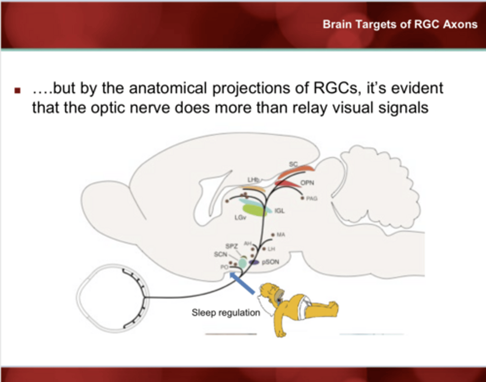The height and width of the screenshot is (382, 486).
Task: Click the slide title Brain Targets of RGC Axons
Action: click(x=400, y=24)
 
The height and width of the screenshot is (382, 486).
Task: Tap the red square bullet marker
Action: click(x=18, y=90)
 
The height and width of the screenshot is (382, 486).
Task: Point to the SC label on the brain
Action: click(x=293, y=164)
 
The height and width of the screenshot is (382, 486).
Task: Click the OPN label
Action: click(x=307, y=183)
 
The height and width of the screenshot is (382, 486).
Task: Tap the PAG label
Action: click(x=312, y=198)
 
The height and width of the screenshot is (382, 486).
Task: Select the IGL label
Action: click(x=279, y=211)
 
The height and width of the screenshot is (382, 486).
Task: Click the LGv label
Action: click(x=240, y=218)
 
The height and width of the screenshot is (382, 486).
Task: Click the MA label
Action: click(x=281, y=234)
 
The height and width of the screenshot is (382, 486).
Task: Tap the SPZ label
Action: click(x=232, y=246)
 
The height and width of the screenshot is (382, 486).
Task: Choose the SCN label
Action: click(x=220, y=254)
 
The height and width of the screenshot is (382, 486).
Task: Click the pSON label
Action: click(x=271, y=262)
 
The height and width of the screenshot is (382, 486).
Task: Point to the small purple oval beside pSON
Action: click(x=254, y=262)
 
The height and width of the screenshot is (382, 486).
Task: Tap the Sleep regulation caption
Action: click(x=226, y=313)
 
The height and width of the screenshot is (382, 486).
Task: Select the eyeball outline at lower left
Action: click(x=111, y=298)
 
